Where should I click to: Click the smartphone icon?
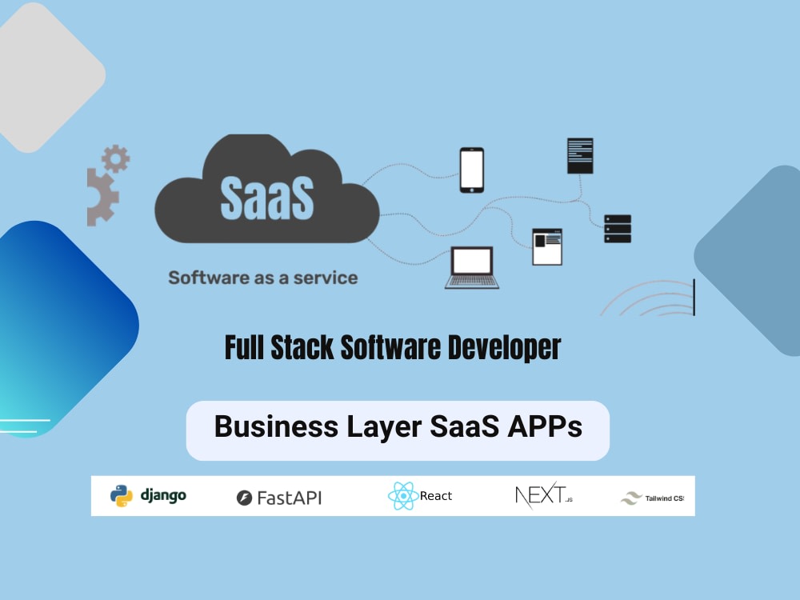pyautogui.click(x=472, y=170)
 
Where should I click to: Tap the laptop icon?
pyautogui.click(x=472, y=268)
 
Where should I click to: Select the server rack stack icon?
pyautogui.click(x=618, y=229)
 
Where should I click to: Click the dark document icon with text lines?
pyautogui.click(x=580, y=156)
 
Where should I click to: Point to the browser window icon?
pyautogui.click(x=547, y=247)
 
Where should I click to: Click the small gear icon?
pyautogui.click(x=116, y=158)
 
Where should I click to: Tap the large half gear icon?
pyautogui.click(x=102, y=197)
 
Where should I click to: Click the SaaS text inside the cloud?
pyautogui.click(x=267, y=198)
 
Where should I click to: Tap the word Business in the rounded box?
pyautogui.click(x=276, y=426)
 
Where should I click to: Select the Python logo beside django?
pyautogui.click(x=122, y=496)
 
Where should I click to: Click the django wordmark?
pyautogui.click(x=163, y=495)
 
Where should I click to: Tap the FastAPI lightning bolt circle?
pyautogui.click(x=244, y=498)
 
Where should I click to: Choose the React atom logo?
pyautogui.click(x=403, y=495)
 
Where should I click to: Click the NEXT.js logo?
pyautogui.click(x=544, y=495)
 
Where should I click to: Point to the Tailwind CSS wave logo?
pyautogui.click(x=631, y=498)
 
